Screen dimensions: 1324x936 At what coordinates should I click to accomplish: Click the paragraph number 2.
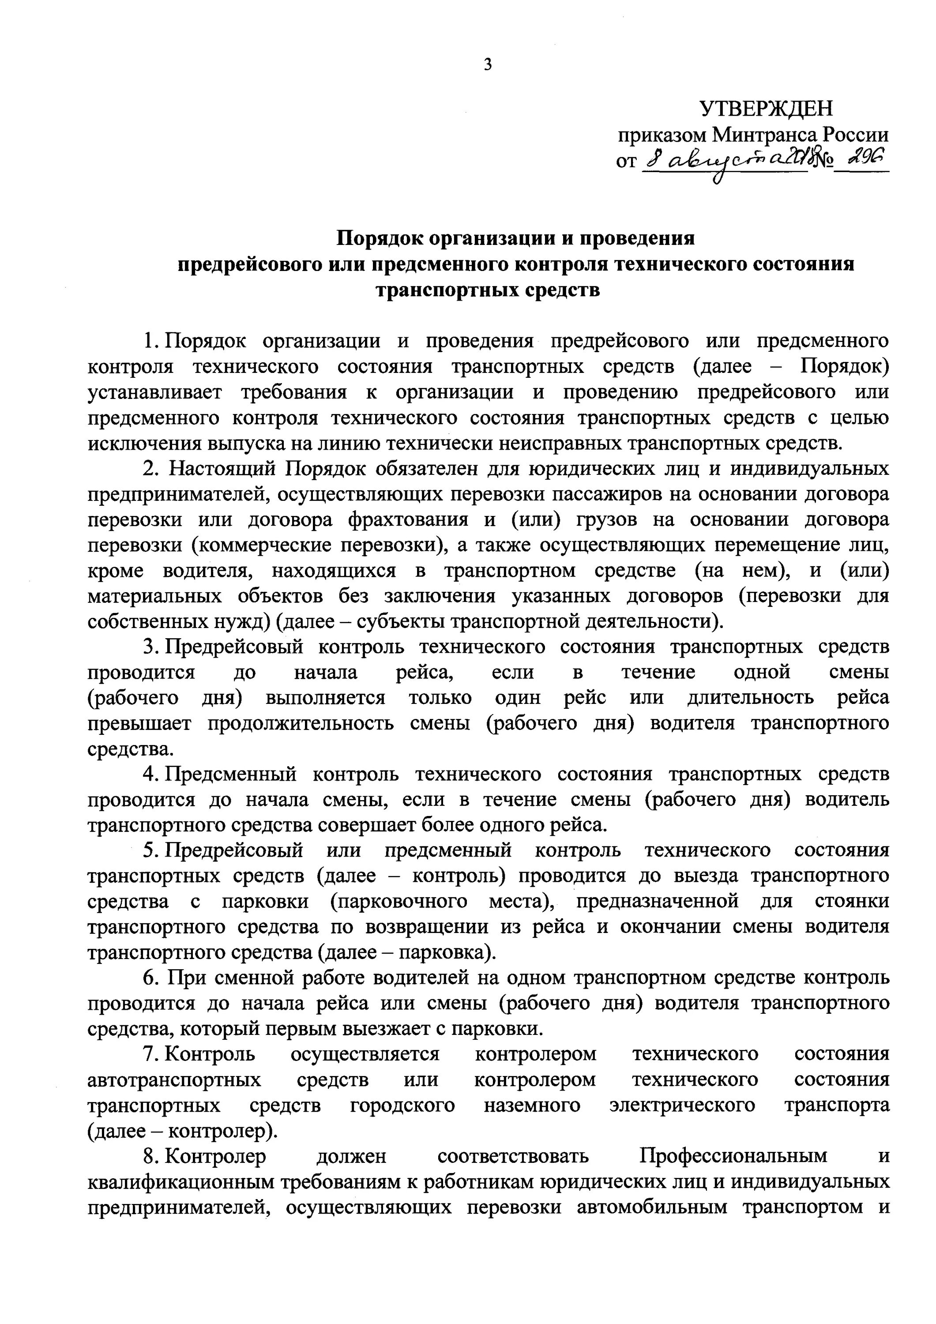pos(150,468)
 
